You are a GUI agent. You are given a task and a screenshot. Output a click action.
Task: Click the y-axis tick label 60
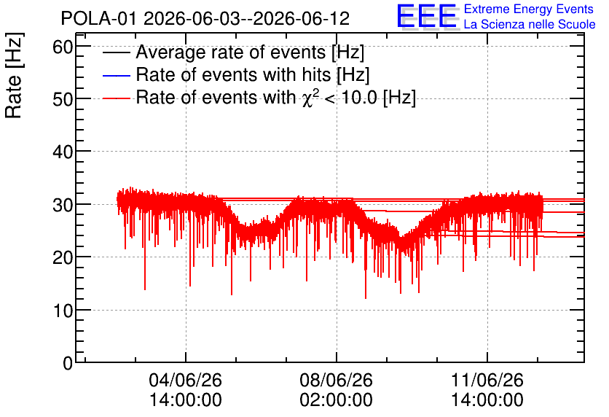coord(63,47)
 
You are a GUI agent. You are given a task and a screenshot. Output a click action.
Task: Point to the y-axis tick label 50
coord(63,100)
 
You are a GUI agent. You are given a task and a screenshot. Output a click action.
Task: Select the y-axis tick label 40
coord(63,152)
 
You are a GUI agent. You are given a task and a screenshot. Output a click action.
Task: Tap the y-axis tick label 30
coord(63,205)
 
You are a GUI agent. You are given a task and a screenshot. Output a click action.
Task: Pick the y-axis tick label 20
coord(63,257)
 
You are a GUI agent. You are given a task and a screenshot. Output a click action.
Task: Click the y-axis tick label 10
coord(63,311)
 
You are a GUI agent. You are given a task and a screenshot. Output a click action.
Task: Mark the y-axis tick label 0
coord(68,363)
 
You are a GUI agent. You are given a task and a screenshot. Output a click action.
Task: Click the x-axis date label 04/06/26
coord(185,380)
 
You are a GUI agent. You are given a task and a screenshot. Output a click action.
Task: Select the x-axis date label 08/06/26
coord(336,380)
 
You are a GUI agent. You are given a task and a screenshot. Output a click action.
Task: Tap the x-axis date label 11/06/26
coord(487,380)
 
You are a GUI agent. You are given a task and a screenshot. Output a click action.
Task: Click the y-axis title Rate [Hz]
coord(14,75)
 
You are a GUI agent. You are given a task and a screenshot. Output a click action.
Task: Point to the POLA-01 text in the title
coord(98,18)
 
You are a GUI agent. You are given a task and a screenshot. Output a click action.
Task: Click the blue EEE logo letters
coord(426,16)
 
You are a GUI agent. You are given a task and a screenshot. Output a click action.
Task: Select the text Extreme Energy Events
coord(529,9)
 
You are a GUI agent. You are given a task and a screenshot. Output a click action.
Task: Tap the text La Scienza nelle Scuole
coord(530,24)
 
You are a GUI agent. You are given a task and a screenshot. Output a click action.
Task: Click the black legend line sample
coord(116,52)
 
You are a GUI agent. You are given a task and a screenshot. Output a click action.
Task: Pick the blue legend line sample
coord(116,75)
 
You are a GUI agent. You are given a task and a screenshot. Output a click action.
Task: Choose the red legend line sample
coord(116,98)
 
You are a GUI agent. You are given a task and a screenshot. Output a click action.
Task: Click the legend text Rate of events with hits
coord(233,74)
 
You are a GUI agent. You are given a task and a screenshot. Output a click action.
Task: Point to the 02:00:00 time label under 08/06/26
coord(336,400)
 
